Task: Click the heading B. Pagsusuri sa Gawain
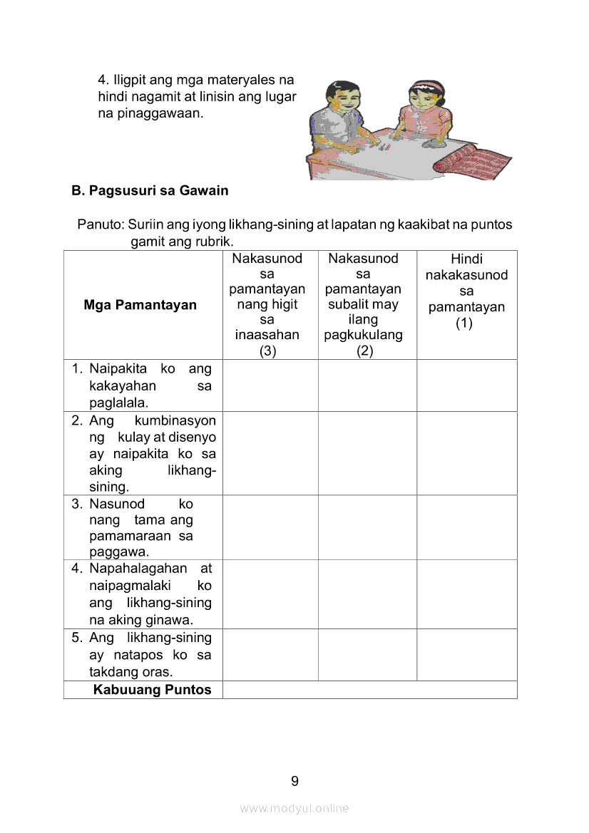click(150, 191)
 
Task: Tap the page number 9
click(294, 781)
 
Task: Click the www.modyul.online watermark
click(294, 808)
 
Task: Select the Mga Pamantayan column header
click(140, 305)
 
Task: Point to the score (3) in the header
click(267, 351)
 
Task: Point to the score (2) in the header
click(364, 351)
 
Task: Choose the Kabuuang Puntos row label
click(152, 690)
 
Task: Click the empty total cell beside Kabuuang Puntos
click(369, 690)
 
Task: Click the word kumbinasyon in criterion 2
click(175, 420)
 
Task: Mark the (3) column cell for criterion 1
click(270, 386)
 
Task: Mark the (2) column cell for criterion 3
click(367, 528)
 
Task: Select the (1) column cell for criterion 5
click(467, 655)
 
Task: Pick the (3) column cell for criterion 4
click(270, 594)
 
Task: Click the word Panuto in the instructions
click(99, 224)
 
